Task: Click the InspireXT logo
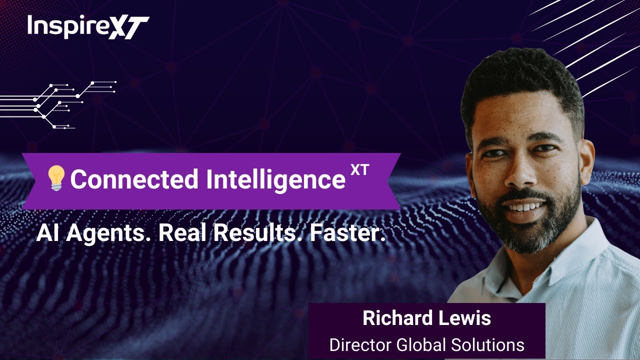[x=88, y=27]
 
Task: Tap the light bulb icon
[x=56, y=178]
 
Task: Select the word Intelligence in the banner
[x=276, y=179]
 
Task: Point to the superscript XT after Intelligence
[x=359, y=170]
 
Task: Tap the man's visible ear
[x=586, y=160]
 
